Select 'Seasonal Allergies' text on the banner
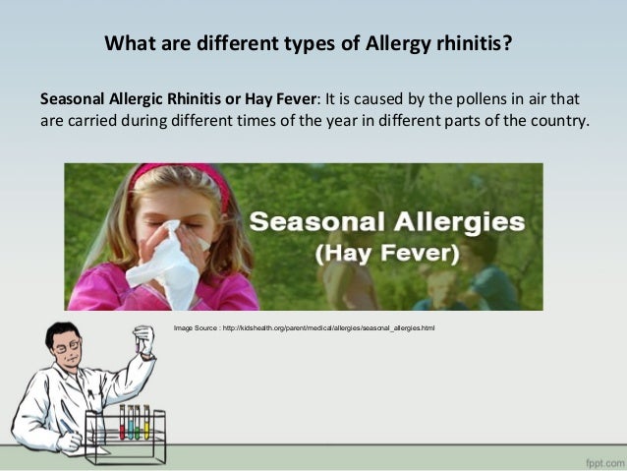click(386, 220)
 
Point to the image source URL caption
click(304, 326)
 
